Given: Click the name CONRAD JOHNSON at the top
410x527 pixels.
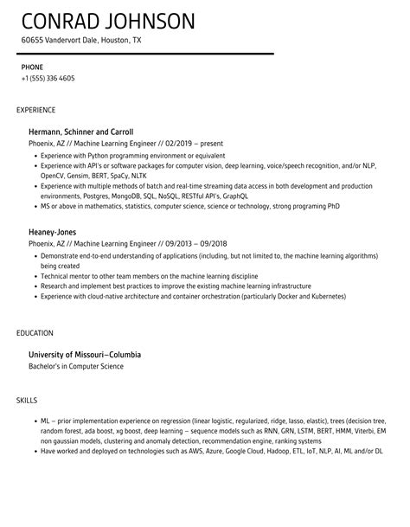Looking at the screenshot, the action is (108, 20).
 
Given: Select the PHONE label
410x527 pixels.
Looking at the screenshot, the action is (33, 67).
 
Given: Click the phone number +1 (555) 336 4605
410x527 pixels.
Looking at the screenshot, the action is (48, 78).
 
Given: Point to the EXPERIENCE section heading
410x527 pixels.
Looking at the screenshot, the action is (36, 110).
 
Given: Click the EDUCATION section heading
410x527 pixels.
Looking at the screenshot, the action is (35, 333).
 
